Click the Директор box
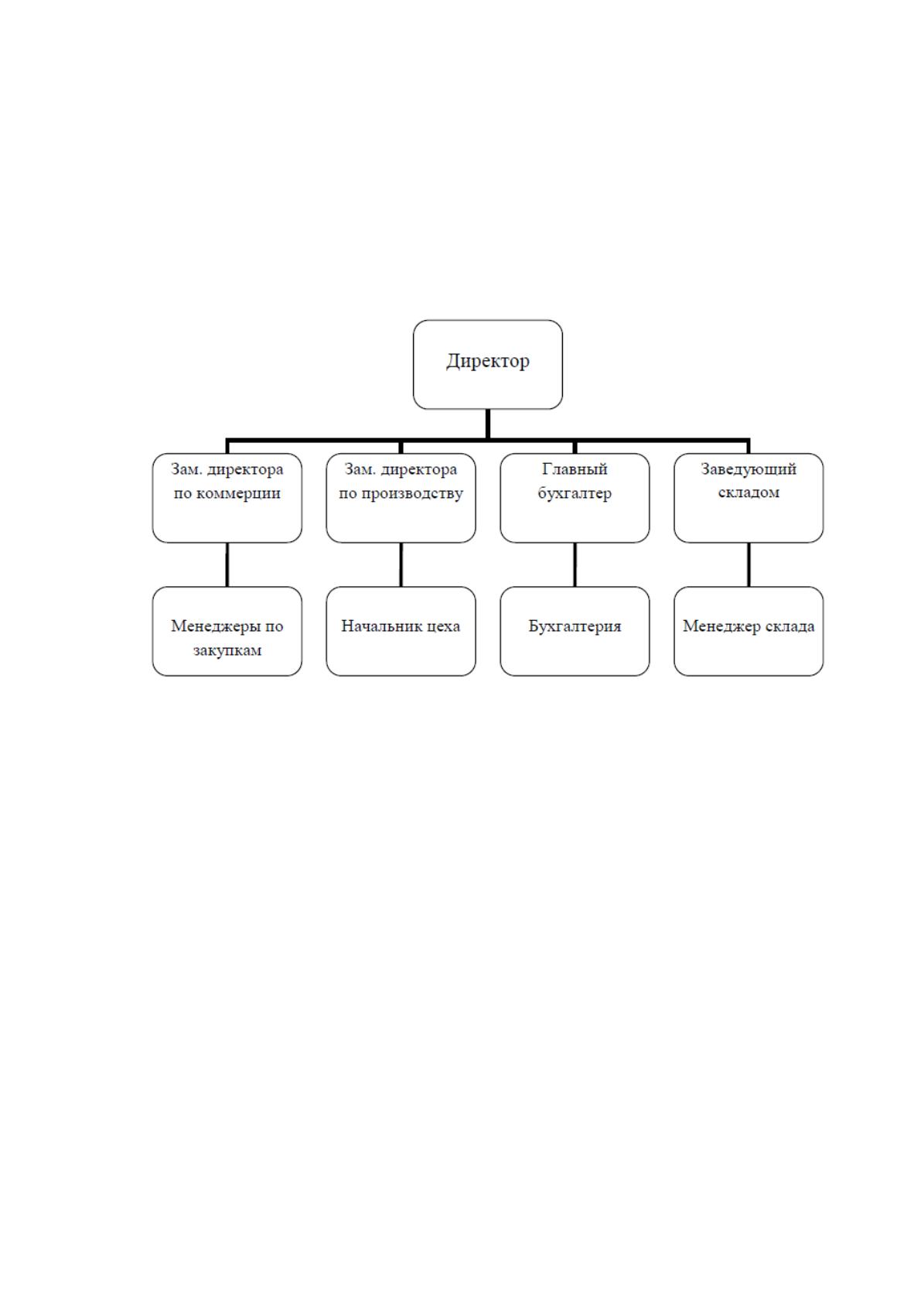pos(487,364)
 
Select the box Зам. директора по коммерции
pos(227,498)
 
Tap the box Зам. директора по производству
pos(401,498)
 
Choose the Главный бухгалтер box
pos(575,498)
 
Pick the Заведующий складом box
pos(749,498)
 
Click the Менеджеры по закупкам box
pos(227,631)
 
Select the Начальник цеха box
pos(401,631)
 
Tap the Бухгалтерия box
pos(575,631)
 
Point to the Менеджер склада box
pos(749,631)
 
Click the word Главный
pos(575,469)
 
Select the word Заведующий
pos(749,469)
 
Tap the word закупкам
pos(227,649)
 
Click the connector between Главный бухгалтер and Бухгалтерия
pos(575,564)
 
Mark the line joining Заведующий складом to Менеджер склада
pos(749,564)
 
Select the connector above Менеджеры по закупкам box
pos(227,564)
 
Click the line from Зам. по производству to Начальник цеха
pos(401,564)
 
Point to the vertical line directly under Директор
pos(487,424)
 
